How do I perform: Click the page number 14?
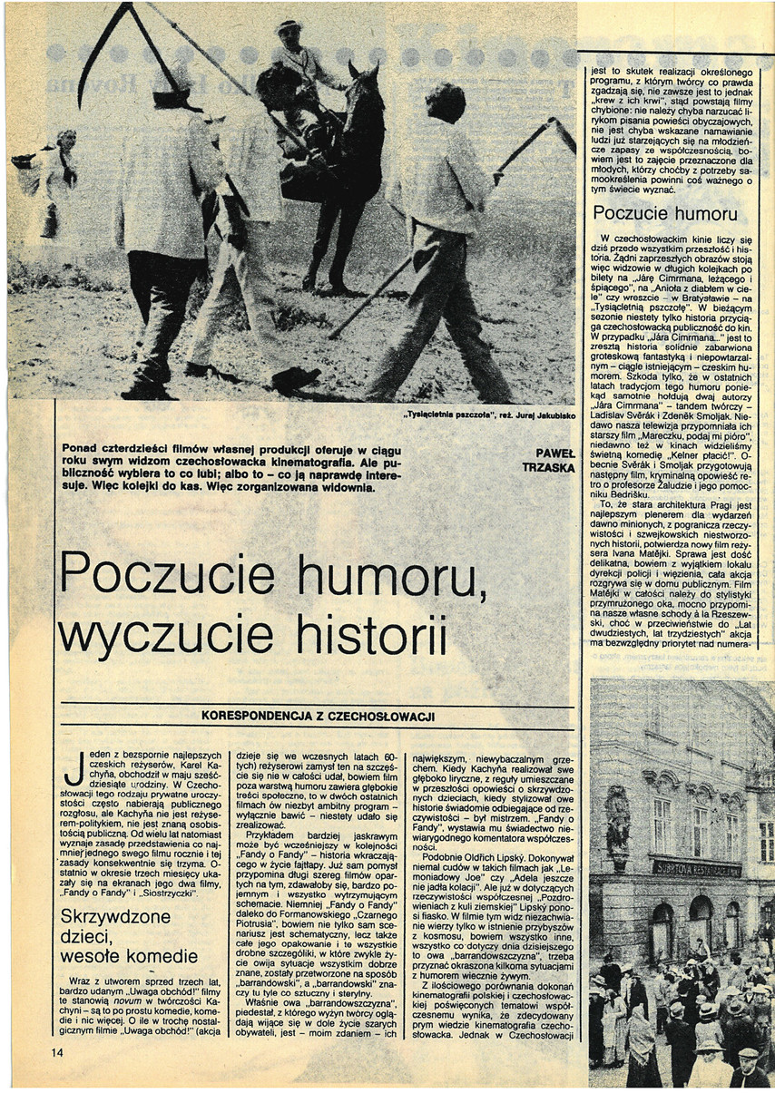(58, 1052)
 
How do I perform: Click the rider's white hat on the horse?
(288, 26)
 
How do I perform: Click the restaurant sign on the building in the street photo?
(697, 869)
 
